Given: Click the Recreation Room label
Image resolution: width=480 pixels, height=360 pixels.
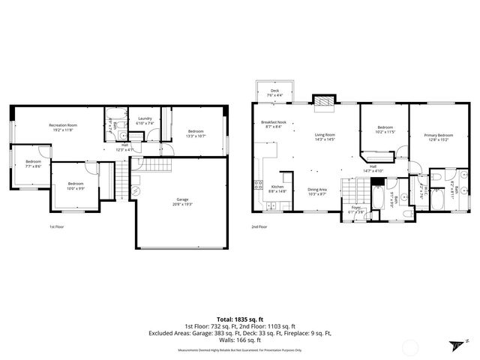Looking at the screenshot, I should pyautogui.click(x=64, y=127).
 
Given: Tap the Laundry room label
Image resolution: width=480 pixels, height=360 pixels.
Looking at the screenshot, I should pyautogui.click(x=145, y=120).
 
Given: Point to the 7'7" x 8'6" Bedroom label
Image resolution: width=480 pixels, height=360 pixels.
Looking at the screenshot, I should pyautogui.click(x=34, y=164).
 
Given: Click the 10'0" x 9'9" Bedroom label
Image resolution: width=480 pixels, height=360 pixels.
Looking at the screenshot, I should pyautogui.click(x=76, y=185).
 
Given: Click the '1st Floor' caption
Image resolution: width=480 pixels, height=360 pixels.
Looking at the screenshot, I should pyautogui.click(x=57, y=226).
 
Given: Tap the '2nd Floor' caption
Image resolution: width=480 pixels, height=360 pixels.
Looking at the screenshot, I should pyautogui.click(x=259, y=226).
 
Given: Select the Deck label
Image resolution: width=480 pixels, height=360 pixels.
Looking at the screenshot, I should pyautogui.click(x=274, y=93).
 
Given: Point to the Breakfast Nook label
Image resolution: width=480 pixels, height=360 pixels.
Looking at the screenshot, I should pyautogui.click(x=271, y=124).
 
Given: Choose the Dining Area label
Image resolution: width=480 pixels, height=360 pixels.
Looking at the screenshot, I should pyautogui.click(x=317, y=192).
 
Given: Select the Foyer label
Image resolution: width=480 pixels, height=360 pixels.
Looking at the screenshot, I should pyautogui.click(x=356, y=211).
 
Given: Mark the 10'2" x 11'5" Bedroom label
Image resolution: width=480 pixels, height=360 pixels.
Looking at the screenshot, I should pyautogui.click(x=385, y=130).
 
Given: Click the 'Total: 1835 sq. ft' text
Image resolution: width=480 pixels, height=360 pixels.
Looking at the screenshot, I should pyautogui.click(x=239, y=317).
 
